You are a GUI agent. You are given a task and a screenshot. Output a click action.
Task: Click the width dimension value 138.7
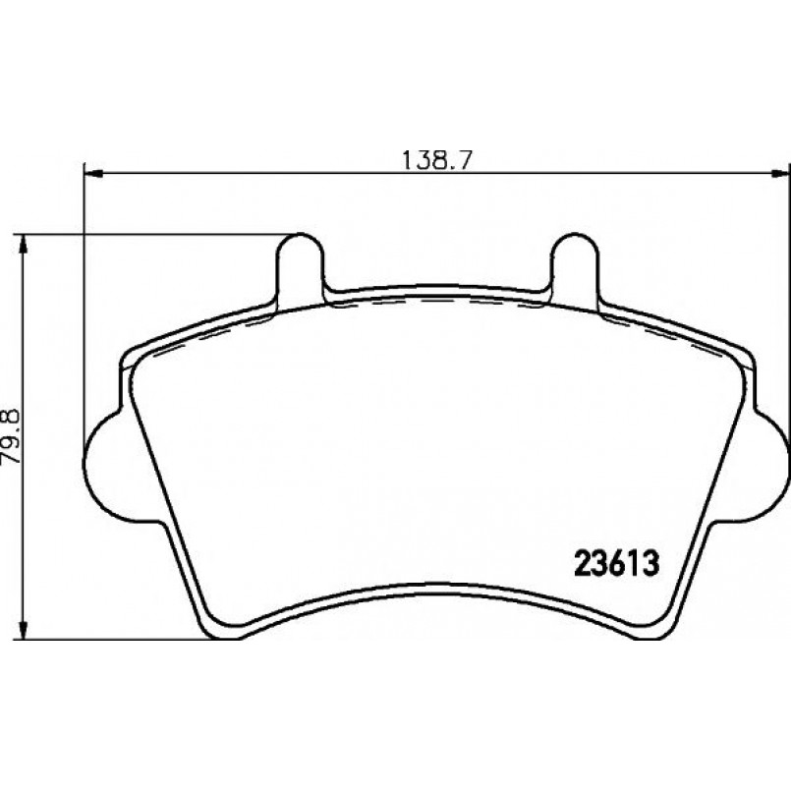click(436, 160)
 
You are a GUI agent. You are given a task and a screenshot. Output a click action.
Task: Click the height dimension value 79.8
click(11, 436)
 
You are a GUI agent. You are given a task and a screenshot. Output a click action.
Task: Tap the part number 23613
click(617, 564)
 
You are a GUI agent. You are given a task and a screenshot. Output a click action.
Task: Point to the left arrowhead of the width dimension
click(93, 174)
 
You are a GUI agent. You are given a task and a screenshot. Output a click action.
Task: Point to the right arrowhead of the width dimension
click(781, 174)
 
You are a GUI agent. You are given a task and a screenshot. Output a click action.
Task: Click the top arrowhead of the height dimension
click(23, 244)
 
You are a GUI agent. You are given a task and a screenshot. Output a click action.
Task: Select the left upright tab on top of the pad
click(300, 267)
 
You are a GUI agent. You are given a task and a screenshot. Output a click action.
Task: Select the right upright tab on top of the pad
click(575, 267)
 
